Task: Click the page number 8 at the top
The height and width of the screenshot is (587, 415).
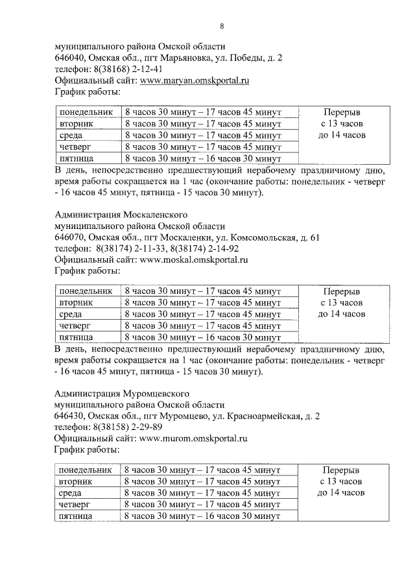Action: [222, 27]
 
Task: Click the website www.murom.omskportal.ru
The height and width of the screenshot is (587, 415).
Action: [194, 439]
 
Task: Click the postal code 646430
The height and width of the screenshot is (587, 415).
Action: [69, 416]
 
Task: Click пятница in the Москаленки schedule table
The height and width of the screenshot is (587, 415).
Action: [77, 337]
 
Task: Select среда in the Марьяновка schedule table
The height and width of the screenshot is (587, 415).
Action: [71, 135]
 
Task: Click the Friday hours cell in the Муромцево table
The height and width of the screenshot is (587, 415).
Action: [202, 516]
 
